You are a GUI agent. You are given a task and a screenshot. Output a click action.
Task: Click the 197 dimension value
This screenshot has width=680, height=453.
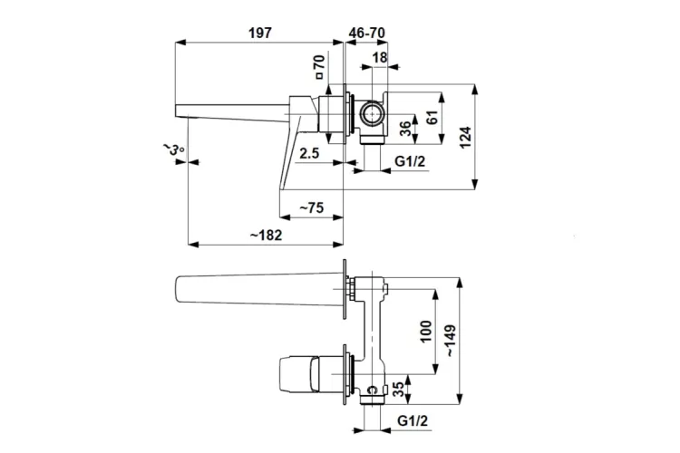[260, 33]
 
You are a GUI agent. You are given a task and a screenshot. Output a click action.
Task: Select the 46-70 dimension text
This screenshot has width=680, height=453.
[367, 33]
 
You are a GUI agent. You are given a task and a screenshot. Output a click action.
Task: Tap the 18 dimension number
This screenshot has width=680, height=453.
[380, 57]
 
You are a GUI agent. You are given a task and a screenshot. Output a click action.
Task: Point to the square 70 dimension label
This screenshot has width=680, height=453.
[320, 66]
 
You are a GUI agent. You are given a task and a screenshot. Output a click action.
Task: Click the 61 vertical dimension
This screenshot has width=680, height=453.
[432, 118]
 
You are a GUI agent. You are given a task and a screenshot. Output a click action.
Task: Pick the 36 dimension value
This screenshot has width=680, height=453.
[405, 129]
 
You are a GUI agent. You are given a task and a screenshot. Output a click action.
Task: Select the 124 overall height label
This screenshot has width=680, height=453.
[465, 138]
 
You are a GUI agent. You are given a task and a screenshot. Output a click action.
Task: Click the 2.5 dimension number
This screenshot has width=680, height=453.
[309, 152]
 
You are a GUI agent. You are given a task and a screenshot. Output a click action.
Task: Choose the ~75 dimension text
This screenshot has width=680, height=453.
[312, 207]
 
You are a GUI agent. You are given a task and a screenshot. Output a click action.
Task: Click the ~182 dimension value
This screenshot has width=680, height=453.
[266, 235]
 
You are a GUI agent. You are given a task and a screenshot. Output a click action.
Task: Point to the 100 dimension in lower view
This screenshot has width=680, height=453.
[426, 332]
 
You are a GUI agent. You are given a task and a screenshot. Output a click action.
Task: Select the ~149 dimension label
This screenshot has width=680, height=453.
[451, 341]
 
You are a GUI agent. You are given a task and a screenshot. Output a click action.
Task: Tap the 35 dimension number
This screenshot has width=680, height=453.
[398, 389]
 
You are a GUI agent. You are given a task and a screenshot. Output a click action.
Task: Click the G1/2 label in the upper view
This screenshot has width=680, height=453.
[410, 161]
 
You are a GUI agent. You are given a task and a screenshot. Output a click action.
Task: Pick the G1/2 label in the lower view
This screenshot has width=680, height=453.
[413, 420]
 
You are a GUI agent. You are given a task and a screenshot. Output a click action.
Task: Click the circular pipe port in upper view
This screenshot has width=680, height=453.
[371, 114]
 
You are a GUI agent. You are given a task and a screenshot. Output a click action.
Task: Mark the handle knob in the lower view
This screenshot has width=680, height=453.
[299, 373]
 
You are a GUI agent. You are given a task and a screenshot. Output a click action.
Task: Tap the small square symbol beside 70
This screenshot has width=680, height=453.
[320, 76]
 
